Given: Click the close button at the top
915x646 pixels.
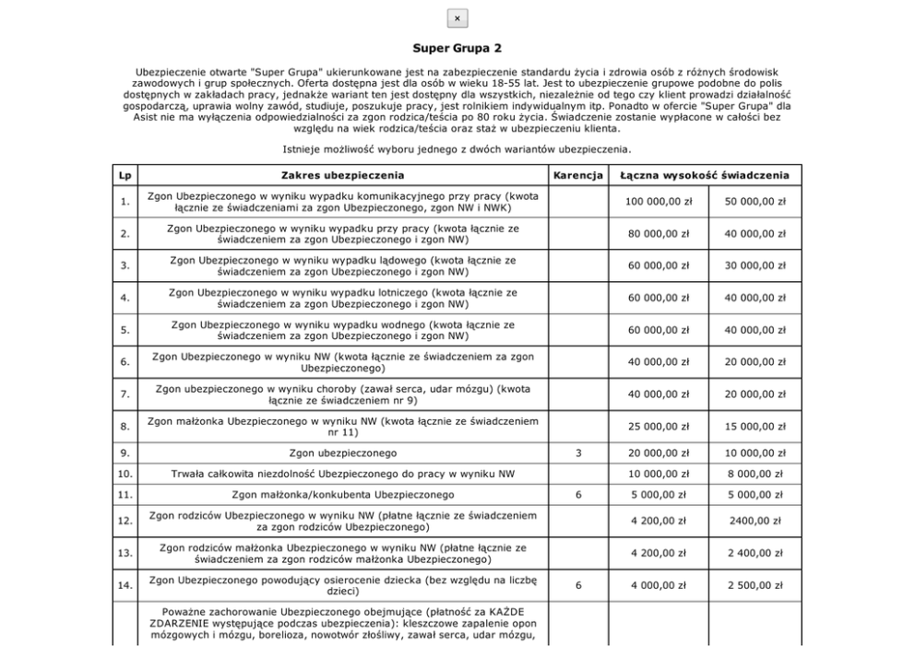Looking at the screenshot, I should tap(457, 18).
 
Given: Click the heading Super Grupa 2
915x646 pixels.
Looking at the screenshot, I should tap(457, 46).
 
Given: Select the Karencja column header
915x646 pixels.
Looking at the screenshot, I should tap(577, 174).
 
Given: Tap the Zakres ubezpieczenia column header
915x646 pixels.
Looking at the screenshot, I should tap(342, 174).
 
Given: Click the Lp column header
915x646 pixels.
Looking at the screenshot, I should tap(125, 174).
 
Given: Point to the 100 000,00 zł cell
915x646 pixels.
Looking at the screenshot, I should tap(659, 201).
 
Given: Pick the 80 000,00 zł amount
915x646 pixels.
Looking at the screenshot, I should tap(659, 233).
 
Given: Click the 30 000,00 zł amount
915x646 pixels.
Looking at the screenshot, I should tap(755, 265).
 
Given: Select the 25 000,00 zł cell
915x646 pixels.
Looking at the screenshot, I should tap(659, 427).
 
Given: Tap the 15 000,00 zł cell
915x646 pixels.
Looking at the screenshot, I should tap(755, 427).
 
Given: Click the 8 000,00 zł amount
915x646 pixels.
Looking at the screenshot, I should tap(755, 474).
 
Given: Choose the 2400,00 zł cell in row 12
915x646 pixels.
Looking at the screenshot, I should tap(755, 521).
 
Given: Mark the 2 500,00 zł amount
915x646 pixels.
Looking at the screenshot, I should tap(755, 585).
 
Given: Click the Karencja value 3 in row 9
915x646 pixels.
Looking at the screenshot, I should tap(577, 453).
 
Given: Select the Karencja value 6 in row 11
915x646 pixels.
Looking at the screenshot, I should tap(577, 495).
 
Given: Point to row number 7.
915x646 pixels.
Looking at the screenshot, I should tap(125, 394).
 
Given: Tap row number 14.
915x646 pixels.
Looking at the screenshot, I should tap(125, 585).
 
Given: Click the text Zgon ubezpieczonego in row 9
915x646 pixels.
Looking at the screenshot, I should tap(342, 453).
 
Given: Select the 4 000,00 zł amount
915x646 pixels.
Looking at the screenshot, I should tap(659, 585).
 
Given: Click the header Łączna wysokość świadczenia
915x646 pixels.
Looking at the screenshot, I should tap(706, 174).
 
